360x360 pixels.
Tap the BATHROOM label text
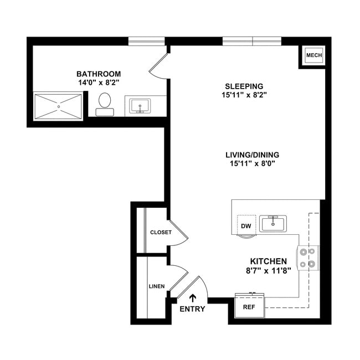pyautogui.click(x=99, y=74)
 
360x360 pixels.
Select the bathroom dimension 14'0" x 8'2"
pyautogui.click(x=99, y=82)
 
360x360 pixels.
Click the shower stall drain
pyautogui.click(x=58, y=106)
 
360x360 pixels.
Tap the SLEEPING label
pyautogui.click(x=244, y=86)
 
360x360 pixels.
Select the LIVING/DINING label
pyautogui.click(x=252, y=155)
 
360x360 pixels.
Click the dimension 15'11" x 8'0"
pyautogui.click(x=252, y=163)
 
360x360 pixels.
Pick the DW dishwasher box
pyautogui.click(x=246, y=225)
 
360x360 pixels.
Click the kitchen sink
pyautogui.click(x=273, y=224)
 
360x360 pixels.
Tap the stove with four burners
pyautogui.click(x=308, y=258)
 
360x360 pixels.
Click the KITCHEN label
pyautogui.click(x=269, y=261)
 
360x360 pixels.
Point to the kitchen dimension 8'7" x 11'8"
pyautogui.click(x=269, y=271)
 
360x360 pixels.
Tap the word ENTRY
pyautogui.click(x=192, y=309)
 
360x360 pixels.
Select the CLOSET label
pyautogui.click(x=161, y=232)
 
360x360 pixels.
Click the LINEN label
pyautogui.click(x=156, y=286)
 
